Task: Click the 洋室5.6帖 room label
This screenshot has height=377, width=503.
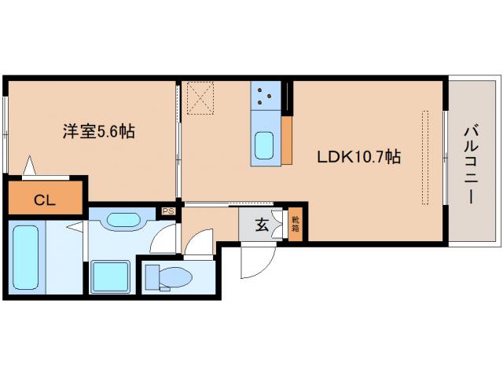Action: (x=98, y=131)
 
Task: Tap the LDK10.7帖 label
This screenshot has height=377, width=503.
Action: (x=359, y=156)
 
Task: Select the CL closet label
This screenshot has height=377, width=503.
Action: (x=44, y=199)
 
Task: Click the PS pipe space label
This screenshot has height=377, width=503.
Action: (x=167, y=210)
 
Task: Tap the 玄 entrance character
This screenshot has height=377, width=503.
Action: (x=260, y=224)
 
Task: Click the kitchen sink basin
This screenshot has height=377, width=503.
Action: (x=265, y=146)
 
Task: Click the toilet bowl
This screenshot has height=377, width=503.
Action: (x=177, y=277)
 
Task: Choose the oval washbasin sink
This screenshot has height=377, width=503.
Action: (x=122, y=221)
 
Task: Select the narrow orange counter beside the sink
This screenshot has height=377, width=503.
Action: (x=286, y=141)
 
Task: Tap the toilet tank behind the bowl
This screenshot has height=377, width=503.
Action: (x=152, y=277)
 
